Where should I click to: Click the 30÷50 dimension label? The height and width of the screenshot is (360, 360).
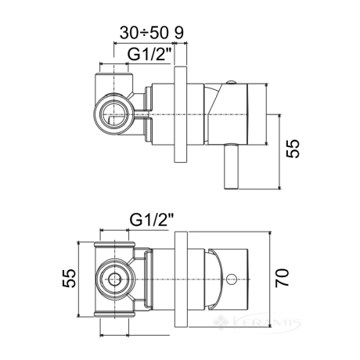pos(143,33)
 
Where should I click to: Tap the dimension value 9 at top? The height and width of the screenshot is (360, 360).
pos(179,33)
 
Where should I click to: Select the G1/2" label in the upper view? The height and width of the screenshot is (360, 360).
pos(149,55)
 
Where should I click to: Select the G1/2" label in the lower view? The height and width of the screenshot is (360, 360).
pos(152,220)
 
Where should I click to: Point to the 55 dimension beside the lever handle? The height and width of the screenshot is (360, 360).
pos(293,148)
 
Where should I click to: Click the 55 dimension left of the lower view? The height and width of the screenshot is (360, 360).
pos(69,279)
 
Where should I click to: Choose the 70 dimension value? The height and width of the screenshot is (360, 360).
pos(283,278)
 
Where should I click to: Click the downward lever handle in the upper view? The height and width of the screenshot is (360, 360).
pos(231,166)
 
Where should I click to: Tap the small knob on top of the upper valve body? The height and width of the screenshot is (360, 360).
pos(231,83)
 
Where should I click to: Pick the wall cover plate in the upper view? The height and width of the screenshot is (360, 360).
pos(181,115)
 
